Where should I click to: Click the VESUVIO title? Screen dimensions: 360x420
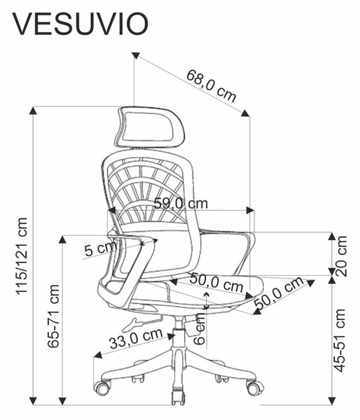pos(80,24)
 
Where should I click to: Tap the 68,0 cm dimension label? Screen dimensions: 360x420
pos(212,85)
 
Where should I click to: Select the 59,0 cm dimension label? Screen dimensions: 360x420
pos(181,204)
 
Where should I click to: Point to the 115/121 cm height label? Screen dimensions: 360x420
pos(22,256)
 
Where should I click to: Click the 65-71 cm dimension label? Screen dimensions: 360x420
pos(53,316)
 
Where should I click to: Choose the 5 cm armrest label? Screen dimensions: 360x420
pos(101,248)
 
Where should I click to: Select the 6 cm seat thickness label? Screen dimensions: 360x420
pos(199,329)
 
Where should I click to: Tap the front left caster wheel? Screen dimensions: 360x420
pos(102,388)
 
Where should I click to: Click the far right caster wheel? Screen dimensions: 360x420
pos(255,388)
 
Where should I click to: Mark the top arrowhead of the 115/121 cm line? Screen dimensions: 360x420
pos(33,110)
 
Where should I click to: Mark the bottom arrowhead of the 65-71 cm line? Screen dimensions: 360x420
pos(62,401)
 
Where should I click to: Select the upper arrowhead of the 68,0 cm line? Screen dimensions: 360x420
pos(136,55)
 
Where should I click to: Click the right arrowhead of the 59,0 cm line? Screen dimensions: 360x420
pos(250,210)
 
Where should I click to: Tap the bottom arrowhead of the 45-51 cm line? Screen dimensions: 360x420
pos(332,401)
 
